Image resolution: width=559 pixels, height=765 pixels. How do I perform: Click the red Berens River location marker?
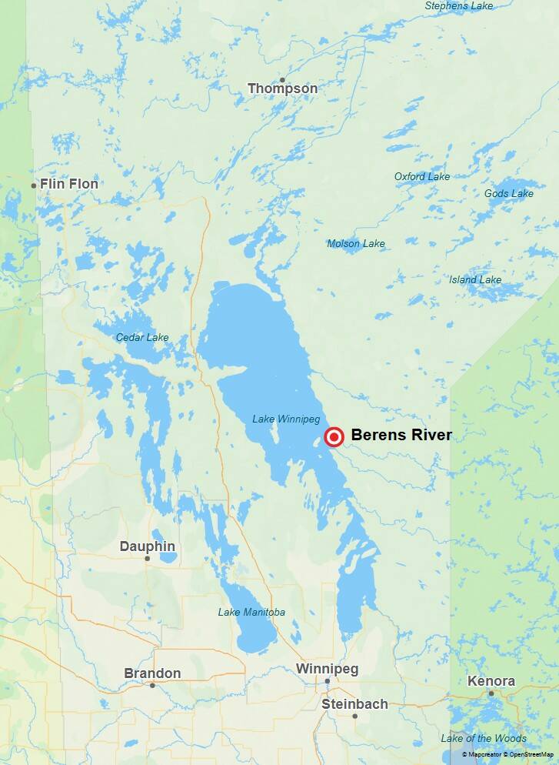334,437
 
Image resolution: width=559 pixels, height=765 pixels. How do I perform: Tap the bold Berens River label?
401,435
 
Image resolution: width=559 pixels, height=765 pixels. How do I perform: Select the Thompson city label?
282,89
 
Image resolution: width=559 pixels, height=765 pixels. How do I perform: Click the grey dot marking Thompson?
282,80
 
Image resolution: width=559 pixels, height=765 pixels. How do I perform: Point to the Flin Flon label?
69,184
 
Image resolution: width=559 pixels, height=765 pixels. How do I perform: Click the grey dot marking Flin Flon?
34,185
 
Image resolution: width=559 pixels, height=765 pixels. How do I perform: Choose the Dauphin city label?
147,546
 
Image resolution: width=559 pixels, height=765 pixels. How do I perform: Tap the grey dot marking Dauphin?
147,558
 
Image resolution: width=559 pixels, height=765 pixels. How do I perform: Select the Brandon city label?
152,673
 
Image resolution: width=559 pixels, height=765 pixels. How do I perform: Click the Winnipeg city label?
327,669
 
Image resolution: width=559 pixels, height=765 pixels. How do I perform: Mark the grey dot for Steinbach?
354,716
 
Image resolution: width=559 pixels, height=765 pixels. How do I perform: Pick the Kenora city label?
491,681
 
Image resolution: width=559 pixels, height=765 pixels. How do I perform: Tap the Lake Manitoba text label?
251,612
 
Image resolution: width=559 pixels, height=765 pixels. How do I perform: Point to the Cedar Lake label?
142,337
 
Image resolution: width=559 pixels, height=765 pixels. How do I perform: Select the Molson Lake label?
356,244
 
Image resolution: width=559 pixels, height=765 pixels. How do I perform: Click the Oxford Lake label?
422,176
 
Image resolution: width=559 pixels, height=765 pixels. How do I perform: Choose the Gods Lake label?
508,193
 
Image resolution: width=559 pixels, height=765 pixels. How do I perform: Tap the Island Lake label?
475,279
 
